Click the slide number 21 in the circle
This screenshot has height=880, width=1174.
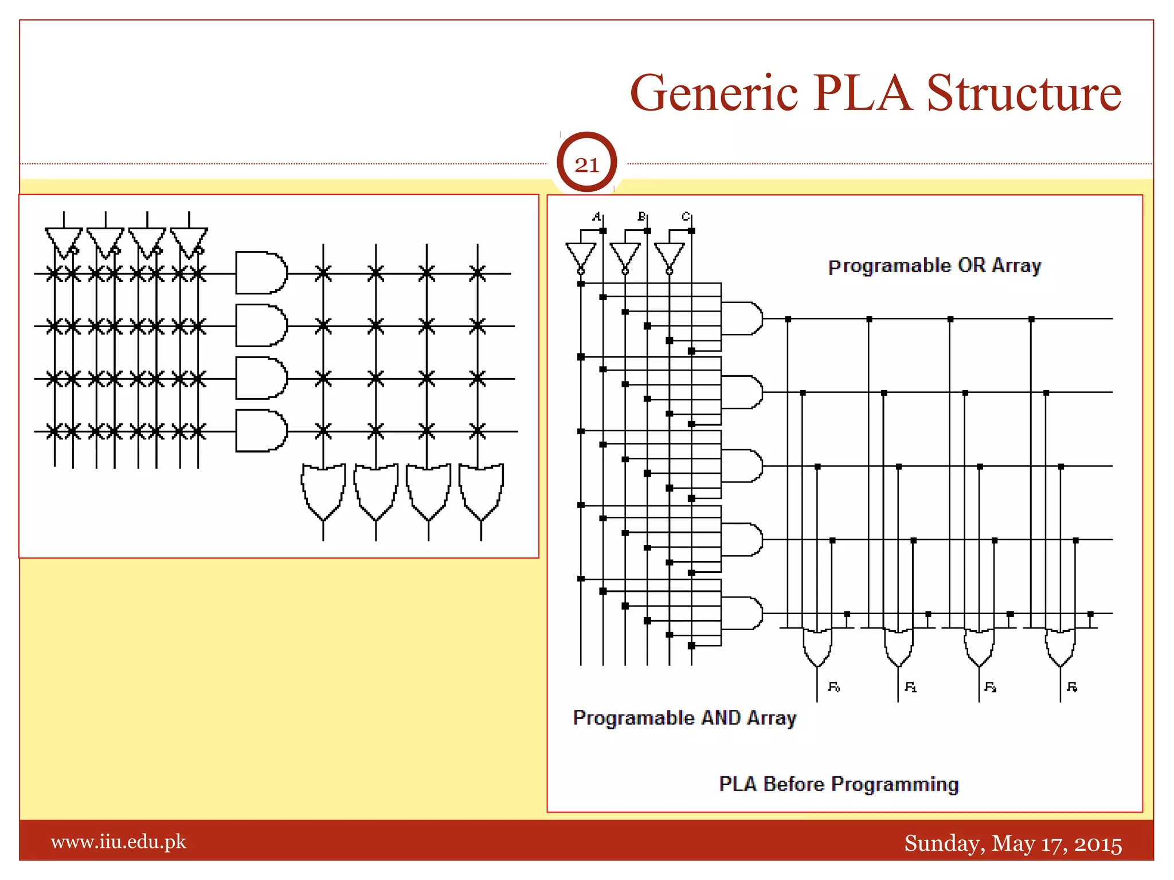pyautogui.click(x=586, y=164)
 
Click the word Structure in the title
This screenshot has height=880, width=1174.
pyautogui.click(x=1024, y=93)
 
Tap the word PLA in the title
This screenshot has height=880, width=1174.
pyautogui.click(x=862, y=93)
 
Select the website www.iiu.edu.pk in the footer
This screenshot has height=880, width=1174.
pyautogui.click(x=119, y=842)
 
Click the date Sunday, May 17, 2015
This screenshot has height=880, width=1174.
pyautogui.click(x=1013, y=843)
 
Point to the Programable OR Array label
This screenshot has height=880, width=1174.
pyautogui.click(x=934, y=266)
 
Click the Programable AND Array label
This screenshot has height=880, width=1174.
pyautogui.click(x=684, y=718)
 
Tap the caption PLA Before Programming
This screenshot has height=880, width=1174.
pyautogui.click(x=839, y=784)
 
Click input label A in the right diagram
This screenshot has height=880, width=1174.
pyautogui.click(x=597, y=217)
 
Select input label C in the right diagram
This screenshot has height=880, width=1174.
pyautogui.click(x=686, y=217)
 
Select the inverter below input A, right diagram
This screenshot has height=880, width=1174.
pyautogui.click(x=581, y=257)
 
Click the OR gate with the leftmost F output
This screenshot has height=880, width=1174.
pyautogui.click(x=817, y=647)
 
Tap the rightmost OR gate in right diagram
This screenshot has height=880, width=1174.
pyautogui.click(x=1060, y=647)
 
